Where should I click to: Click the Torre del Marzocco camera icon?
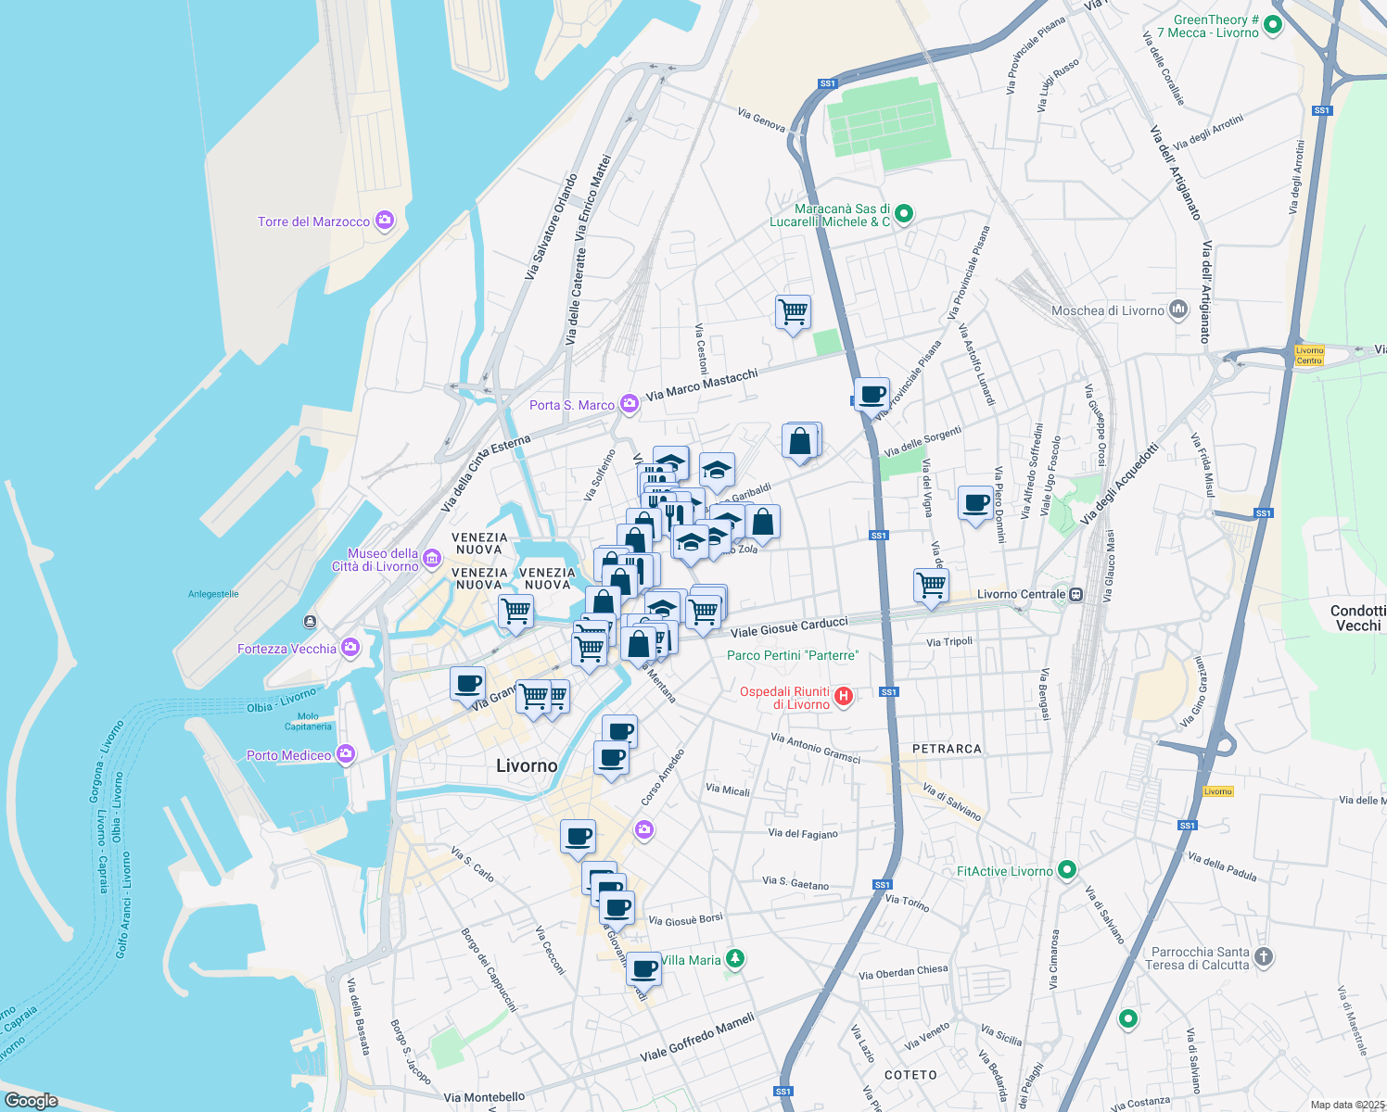point(385,221)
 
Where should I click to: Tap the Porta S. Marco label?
point(572,405)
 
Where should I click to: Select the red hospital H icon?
point(844,697)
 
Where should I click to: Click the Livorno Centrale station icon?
point(1075,595)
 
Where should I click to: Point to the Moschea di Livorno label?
point(1107,310)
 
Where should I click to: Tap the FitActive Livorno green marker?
point(1067,870)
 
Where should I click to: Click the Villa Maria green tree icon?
point(735,958)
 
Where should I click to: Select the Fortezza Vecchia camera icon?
point(350,648)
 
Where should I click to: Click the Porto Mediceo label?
point(288,755)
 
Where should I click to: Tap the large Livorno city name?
point(527,765)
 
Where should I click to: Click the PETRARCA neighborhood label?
point(947,749)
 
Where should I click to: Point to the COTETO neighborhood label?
point(910,1075)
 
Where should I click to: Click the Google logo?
point(32,1100)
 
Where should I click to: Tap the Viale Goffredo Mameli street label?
point(697,1038)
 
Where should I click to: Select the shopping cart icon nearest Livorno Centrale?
point(931,586)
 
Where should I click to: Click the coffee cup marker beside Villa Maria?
point(644,969)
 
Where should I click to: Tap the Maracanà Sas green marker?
point(904,214)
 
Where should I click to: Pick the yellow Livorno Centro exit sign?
point(1309,355)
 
